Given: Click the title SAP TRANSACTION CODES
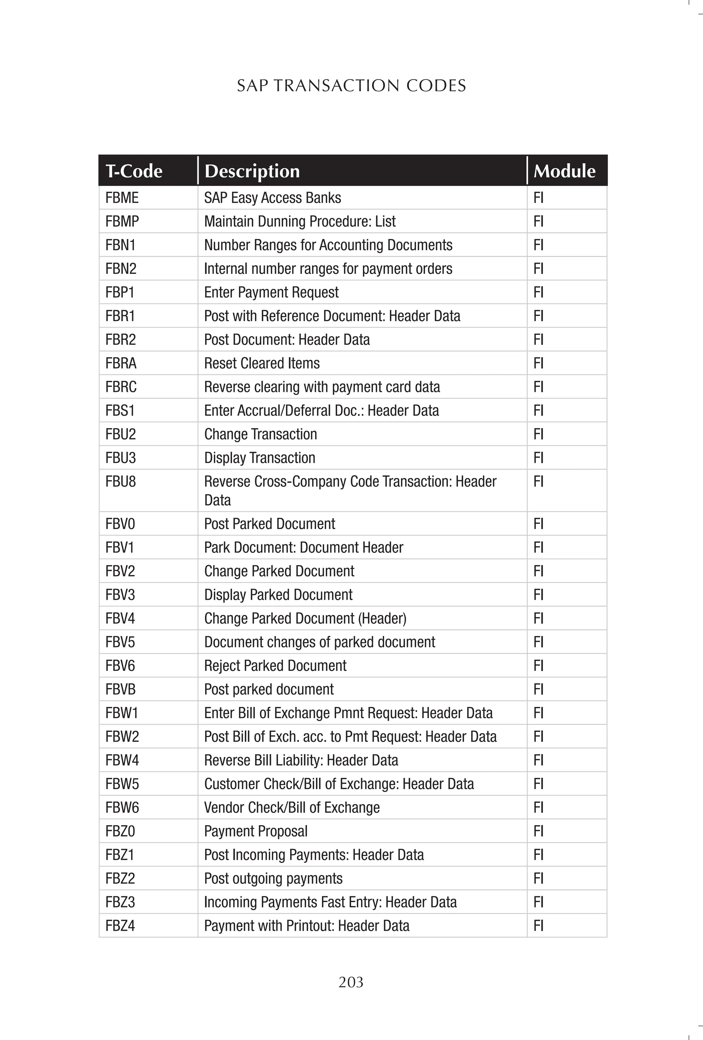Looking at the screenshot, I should (x=351, y=85).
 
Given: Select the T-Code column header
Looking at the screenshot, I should (x=134, y=171).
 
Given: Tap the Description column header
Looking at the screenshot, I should (x=252, y=171).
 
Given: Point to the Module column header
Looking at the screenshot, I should (x=564, y=171).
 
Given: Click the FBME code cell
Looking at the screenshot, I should (x=122, y=198).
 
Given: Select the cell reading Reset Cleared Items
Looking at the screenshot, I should (x=262, y=363).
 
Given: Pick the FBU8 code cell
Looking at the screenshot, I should (x=120, y=481).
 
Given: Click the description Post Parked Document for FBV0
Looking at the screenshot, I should (x=269, y=524).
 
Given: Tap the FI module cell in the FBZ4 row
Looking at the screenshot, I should (x=538, y=925).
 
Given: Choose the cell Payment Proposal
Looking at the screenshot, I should (x=256, y=831).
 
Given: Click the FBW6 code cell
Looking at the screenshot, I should (x=122, y=807).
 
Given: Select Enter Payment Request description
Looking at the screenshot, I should (x=272, y=292).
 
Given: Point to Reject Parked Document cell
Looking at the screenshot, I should (x=275, y=665).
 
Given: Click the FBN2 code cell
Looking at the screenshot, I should (x=121, y=269).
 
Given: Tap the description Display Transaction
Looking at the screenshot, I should (x=260, y=458).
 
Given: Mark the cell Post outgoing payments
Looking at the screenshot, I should (x=273, y=878).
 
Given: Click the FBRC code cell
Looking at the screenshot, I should (x=121, y=387).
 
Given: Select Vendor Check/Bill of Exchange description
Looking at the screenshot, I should (x=292, y=807).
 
